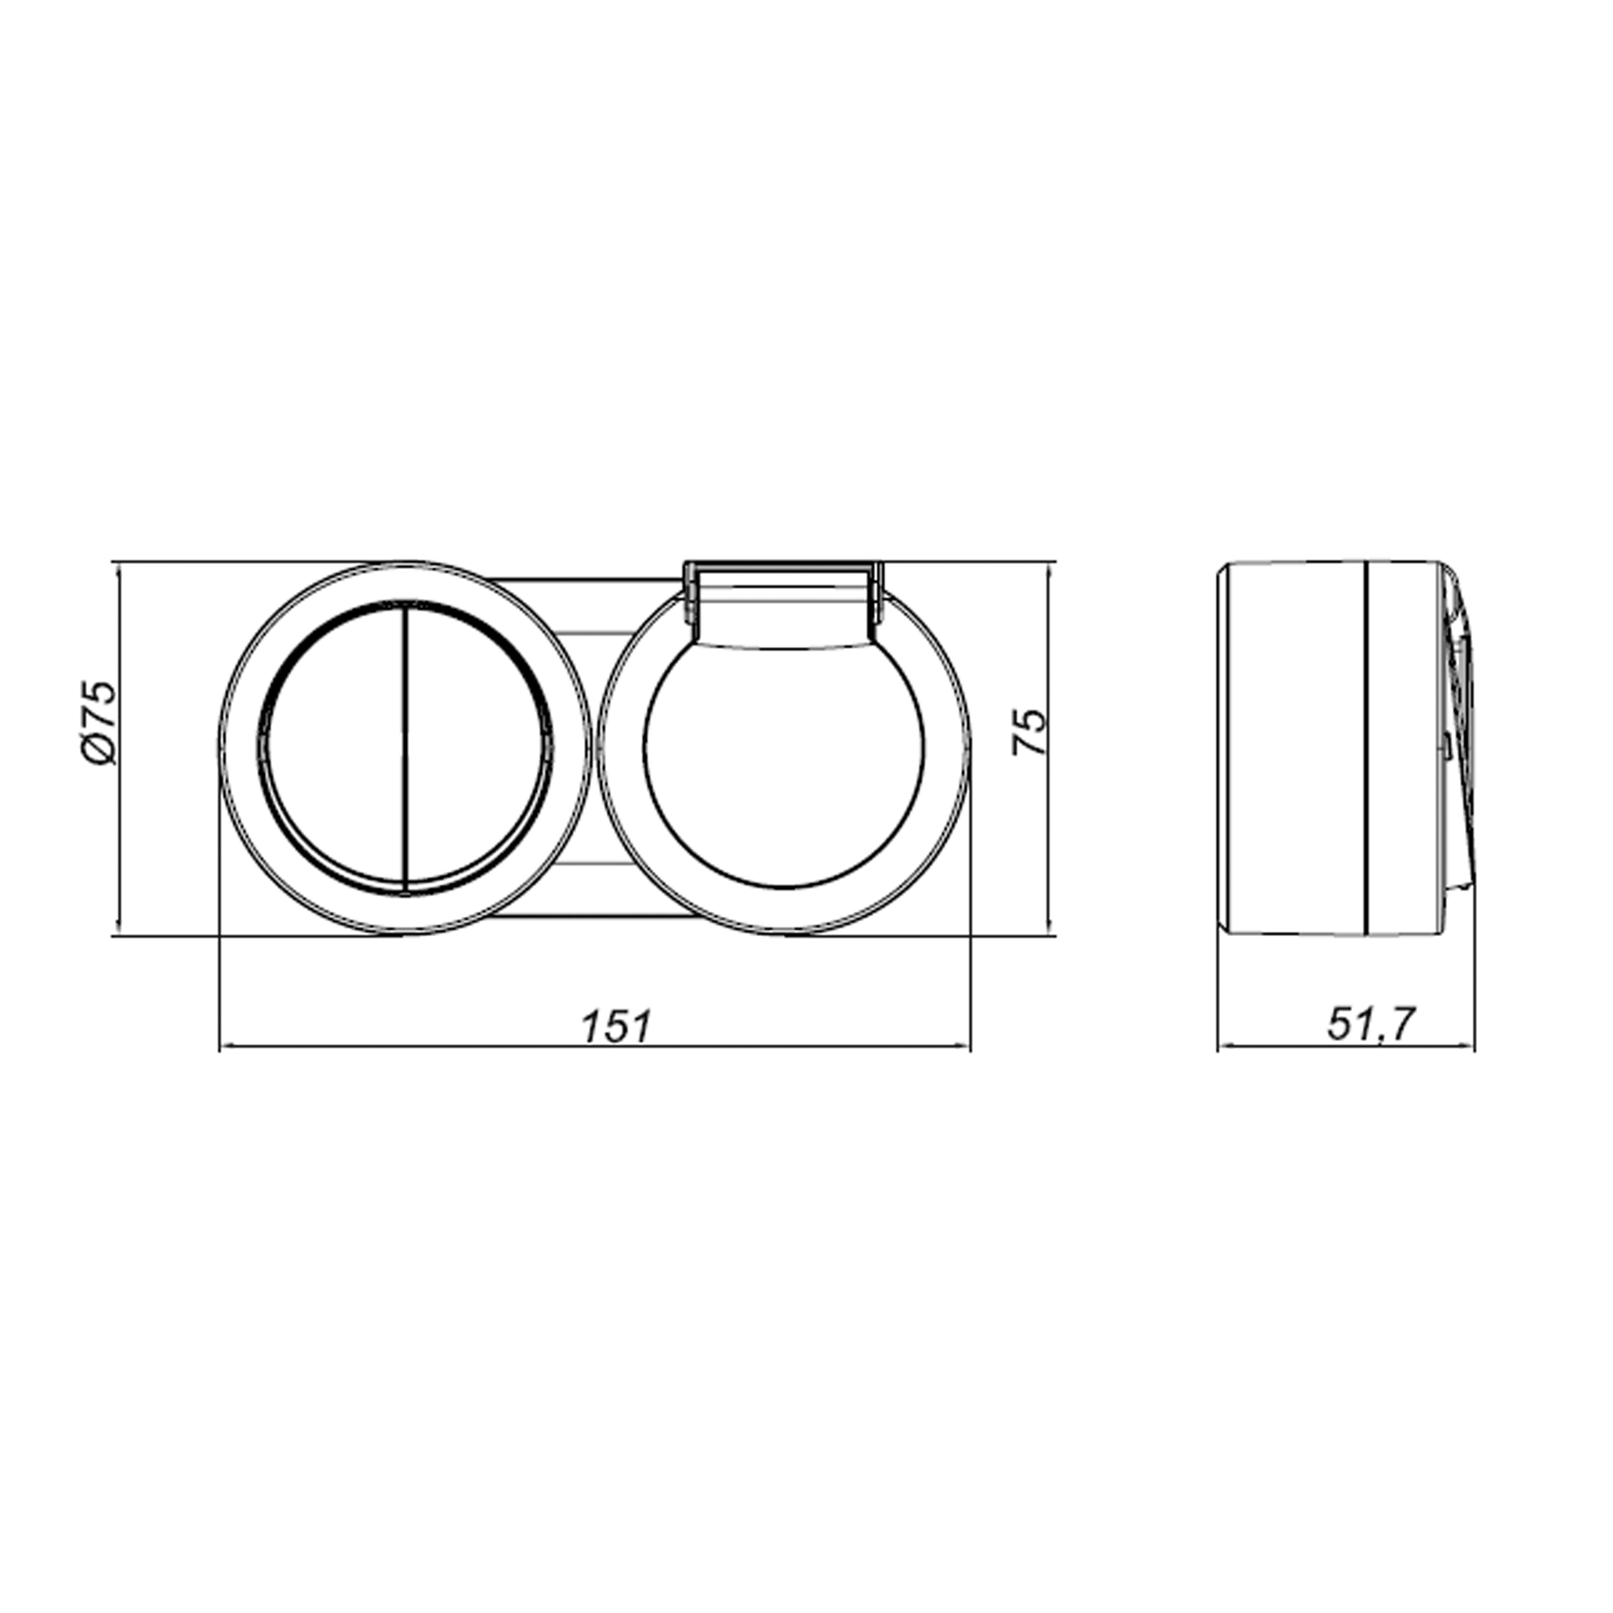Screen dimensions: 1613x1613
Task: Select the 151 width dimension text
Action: [x=616, y=1027]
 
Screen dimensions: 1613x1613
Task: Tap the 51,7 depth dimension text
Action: [x=1372, y=1025]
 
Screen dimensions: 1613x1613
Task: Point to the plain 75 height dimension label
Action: [x=1028, y=732]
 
